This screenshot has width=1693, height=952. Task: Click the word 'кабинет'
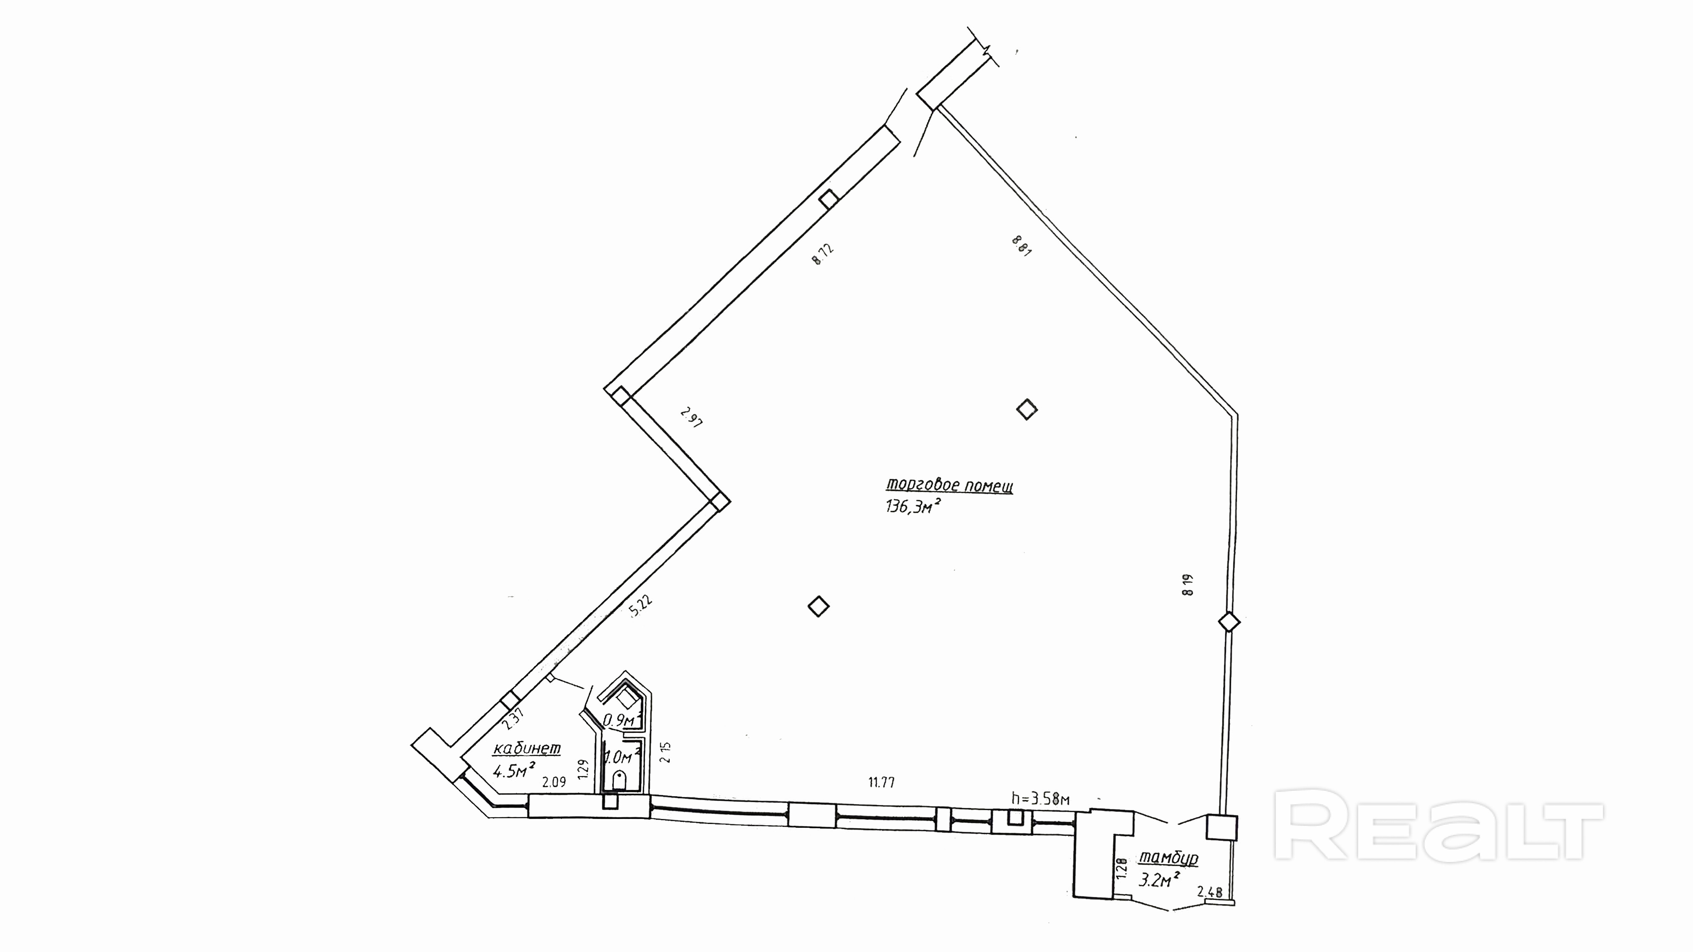(x=527, y=748)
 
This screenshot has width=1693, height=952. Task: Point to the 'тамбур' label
(x=1169, y=858)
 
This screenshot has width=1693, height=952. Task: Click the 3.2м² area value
(x=1158, y=880)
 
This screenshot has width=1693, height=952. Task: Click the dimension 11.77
(x=881, y=782)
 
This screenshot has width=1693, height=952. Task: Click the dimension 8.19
(x=1187, y=585)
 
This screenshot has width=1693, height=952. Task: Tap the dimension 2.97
(x=692, y=418)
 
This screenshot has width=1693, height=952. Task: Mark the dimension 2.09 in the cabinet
(x=553, y=782)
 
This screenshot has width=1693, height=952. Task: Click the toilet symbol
(x=619, y=780)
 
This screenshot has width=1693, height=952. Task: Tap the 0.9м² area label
(x=621, y=720)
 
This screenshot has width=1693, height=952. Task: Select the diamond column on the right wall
(x=1229, y=622)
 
